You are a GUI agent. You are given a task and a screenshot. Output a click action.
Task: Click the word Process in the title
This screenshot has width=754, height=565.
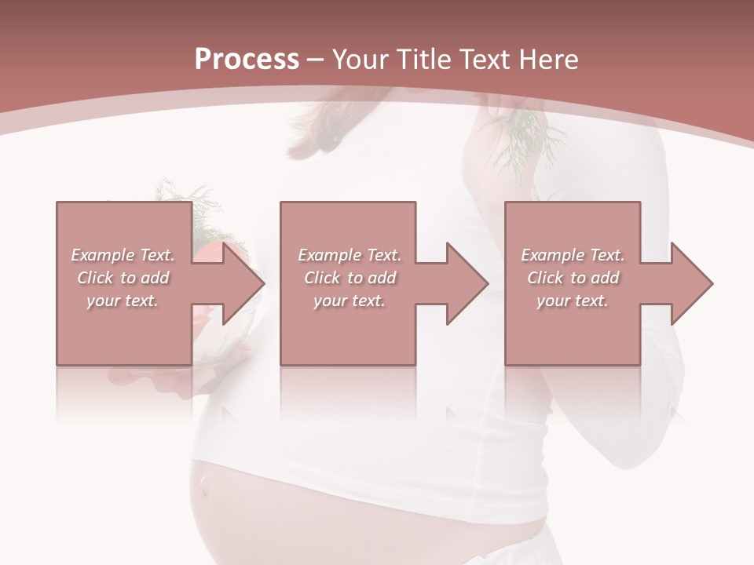tap(247, 60)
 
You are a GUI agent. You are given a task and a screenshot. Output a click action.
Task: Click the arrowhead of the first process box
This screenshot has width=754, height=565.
tap(243, 283)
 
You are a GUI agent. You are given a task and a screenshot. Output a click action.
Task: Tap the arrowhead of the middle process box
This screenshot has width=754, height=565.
tap(467, 283)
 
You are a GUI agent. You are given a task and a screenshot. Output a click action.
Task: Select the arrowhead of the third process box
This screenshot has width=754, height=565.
tap(691, 283)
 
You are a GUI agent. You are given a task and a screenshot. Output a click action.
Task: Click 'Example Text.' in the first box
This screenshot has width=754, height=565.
tap(123, 255)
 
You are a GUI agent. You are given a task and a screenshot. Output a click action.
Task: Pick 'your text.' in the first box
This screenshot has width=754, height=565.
tap(123, 301)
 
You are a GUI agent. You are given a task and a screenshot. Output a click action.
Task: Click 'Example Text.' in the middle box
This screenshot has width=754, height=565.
tap(350, 255)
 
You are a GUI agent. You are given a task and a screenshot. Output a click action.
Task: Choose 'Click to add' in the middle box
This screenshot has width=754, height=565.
tap(350, 278)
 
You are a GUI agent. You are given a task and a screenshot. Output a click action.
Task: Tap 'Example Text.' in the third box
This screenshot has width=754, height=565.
tap(573, 255)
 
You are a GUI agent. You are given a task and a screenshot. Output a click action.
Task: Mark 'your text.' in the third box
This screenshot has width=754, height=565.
tap(573, 301)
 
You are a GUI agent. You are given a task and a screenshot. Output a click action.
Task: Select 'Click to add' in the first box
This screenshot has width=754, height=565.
tap(123, 278)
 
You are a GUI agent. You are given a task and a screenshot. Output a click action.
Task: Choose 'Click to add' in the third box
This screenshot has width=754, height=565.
tap(573, 278)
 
